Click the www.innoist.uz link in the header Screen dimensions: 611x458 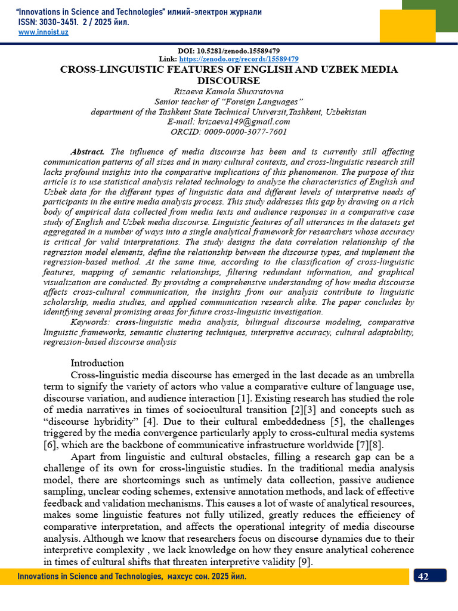[44, 32]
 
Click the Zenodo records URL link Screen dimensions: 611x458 [239, 59]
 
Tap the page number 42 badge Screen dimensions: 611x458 [429, 576]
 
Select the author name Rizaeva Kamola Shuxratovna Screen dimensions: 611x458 [229, 91]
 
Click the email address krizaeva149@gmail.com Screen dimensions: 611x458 [229, 122]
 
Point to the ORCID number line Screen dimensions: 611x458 [229, 132]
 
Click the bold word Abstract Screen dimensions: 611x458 [87, 152]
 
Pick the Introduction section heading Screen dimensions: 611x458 [97, 363]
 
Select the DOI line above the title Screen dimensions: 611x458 [229, 51]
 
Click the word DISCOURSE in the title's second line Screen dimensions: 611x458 [229, 81]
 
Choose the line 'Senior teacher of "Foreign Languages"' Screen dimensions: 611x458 [229, 101]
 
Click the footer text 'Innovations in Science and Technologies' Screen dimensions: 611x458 [89, 576]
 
